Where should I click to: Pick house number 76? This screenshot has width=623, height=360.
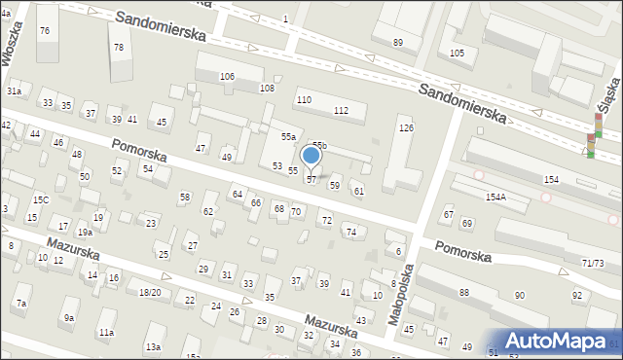[x=44, y=31]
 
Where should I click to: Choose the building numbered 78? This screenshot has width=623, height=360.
[x=119, y=47]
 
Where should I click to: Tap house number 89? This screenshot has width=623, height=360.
[x=397, y=42]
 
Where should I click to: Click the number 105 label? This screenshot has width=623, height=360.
[x=457, y=53]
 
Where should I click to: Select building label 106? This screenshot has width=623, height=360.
[x=227, y=76]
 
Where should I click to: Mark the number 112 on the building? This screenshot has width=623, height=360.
[x=341, y=110]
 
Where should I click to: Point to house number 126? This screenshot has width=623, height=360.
[x=406, y=128]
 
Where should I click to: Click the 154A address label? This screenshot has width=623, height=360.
[x=495, y=197]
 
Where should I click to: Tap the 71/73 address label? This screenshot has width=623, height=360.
[x=593, y=264]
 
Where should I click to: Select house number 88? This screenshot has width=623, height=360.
[x=464, y=292]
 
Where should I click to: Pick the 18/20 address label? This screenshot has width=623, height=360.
[x=149, y=292]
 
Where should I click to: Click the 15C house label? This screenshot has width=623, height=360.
[x=40, y=199]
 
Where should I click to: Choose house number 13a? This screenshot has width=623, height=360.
[x=153, y=346]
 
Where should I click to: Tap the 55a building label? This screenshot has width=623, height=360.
[x=288, y=137]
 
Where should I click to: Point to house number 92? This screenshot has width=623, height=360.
[x=577, y=295]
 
